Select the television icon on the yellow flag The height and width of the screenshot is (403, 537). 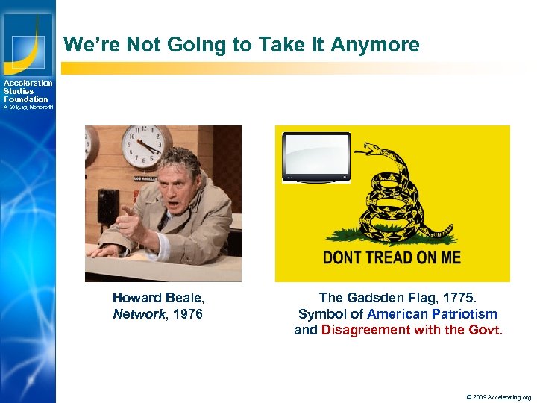point(316,157)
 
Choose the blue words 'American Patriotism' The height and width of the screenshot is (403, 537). point(432,313)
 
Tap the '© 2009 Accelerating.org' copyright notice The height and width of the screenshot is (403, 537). point(498,396)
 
